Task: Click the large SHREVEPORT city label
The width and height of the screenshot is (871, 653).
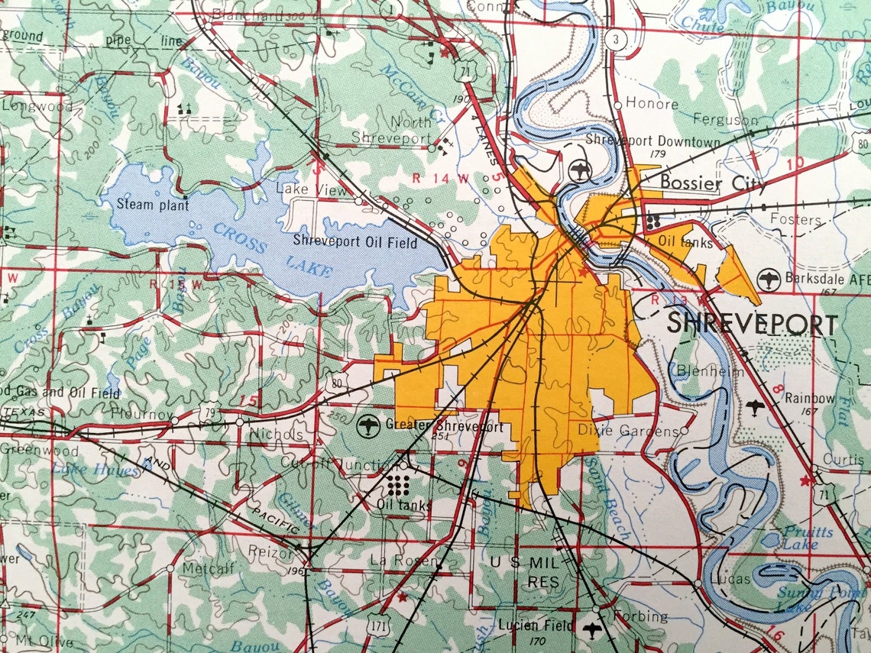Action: (752, 324)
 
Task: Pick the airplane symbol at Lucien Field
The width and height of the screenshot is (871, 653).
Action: (591, 627)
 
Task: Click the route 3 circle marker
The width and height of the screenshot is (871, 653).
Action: (615, 39)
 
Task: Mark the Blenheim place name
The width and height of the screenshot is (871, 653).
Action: (699, 370)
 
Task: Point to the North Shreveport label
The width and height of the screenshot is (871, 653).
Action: (391, 130)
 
